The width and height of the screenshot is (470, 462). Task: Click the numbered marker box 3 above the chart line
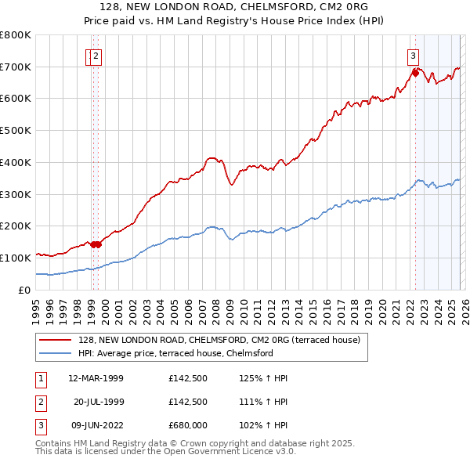413,55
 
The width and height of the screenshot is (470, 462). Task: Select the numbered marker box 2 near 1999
96,55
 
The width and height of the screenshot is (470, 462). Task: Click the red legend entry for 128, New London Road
219,340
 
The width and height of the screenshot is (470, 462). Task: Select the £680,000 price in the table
187,425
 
